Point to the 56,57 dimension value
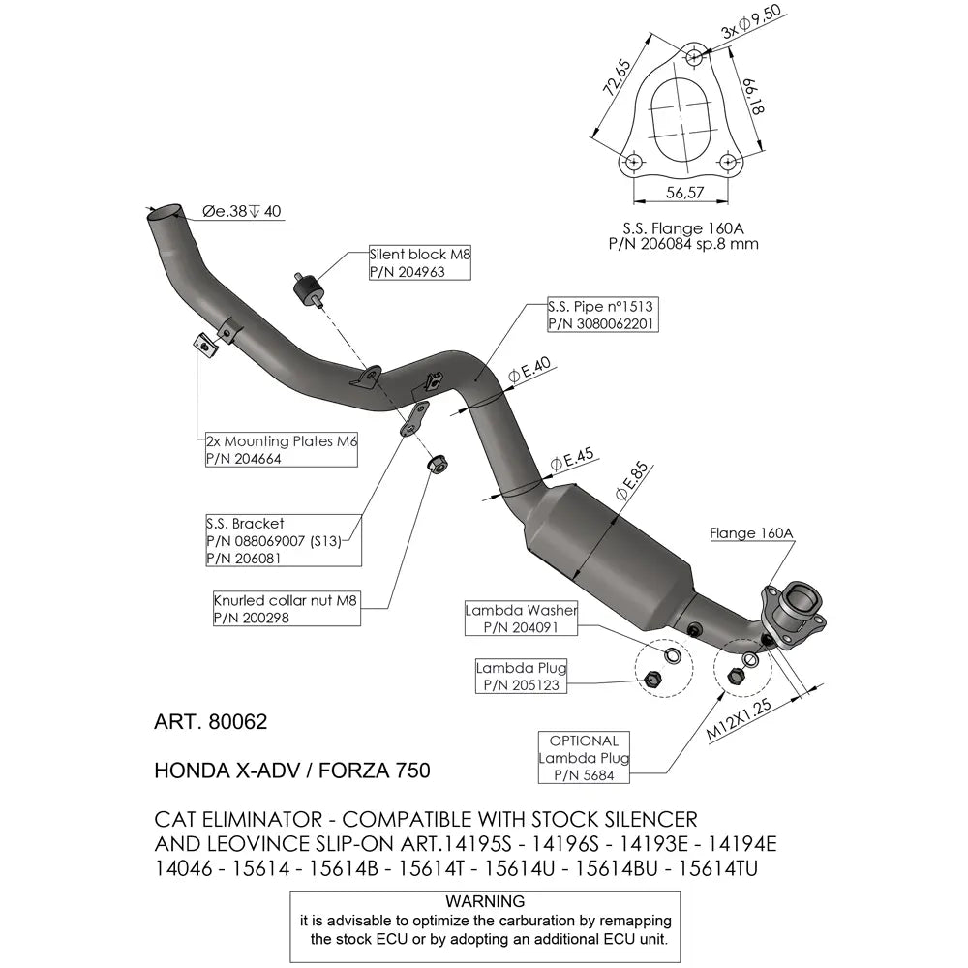coord(683,193)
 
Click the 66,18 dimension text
coord(754,97)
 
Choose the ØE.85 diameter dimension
coord(630,484)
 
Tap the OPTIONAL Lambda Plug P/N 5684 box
coord(584,757)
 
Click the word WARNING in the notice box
coord(485,900)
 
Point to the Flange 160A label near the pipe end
coord(750,533)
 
